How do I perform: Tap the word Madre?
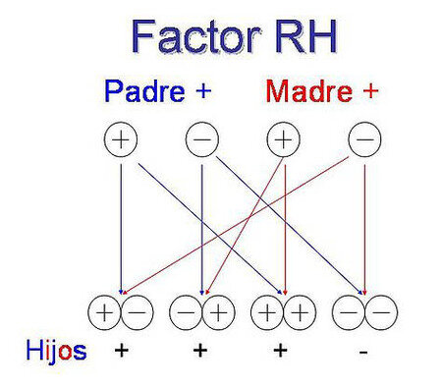coord(311,92)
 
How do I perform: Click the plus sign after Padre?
coord(203,92)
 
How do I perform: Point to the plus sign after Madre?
coord(369,92)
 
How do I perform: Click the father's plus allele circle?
coord(121,140)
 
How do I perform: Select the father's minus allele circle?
coord(201,140)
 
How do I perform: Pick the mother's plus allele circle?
coord(283,140)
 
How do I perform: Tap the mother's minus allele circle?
coord(363,140)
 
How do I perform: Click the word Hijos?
coord(57,349)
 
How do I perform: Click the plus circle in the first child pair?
coord(104,313)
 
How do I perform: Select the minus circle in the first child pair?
coord(137,313)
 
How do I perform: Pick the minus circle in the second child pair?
coord(186,313)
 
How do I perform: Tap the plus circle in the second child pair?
coord(218,313)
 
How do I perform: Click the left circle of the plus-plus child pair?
coord(266,313)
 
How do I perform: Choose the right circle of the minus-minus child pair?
coord(380,313)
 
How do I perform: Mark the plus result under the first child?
coord(121,350)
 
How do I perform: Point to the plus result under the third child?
coord(283,350)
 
